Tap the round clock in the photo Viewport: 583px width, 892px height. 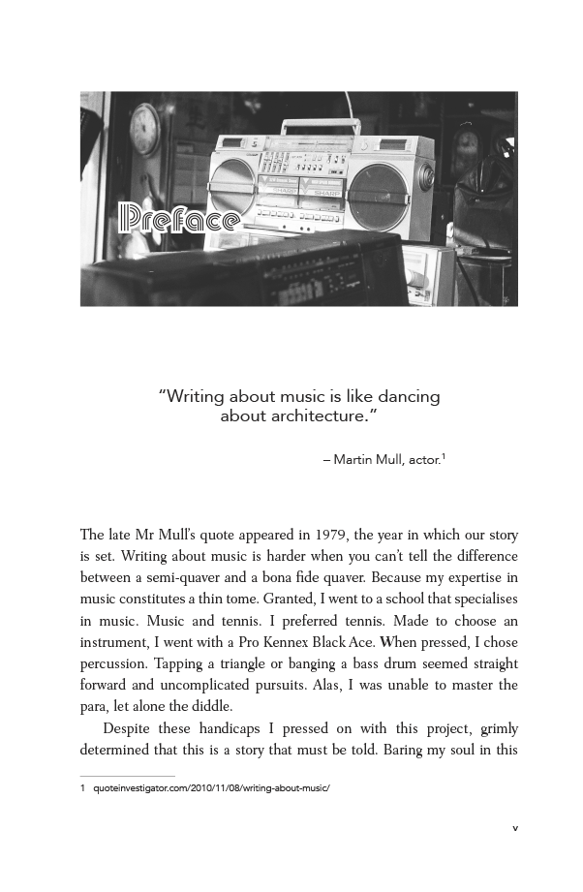point(144,129)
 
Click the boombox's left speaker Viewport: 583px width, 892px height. point(232,186)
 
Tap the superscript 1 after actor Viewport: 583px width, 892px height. point(443,454)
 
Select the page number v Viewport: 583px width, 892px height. point(515,828)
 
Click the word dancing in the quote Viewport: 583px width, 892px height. point(404,396)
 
